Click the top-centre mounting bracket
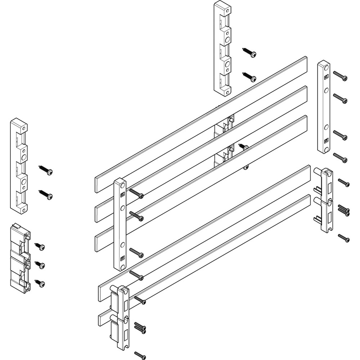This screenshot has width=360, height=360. tap(222, 49)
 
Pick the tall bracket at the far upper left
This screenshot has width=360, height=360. tap(19, 166)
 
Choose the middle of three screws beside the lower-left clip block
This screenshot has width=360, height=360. tap(40, 265)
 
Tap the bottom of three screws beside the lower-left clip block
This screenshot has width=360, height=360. tap(40, 283)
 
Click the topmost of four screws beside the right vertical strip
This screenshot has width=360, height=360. tap(340, 76)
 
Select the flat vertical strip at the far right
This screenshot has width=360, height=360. tap(323, 107)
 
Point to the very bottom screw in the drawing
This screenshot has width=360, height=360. tap(140, 355)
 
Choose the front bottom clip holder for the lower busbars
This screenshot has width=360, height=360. tap(121, 317)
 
